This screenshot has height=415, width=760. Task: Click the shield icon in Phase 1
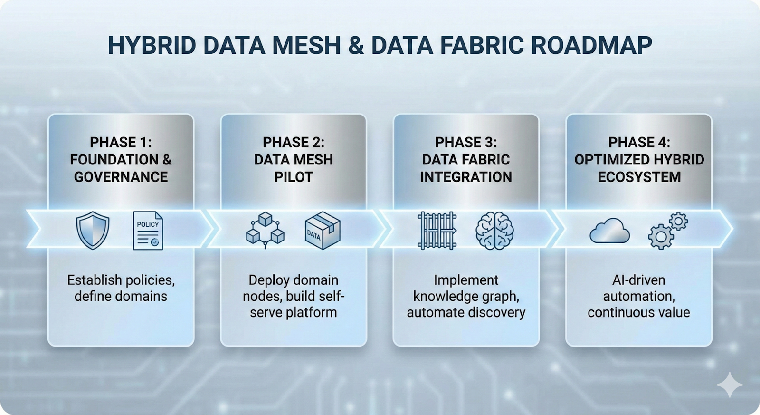pyautogui.click(x=93, y=231)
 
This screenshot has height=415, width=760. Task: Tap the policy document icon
pyautogui.click(x=148, y=231)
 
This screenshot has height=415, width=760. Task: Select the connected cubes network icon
pyautogui.click(x=265, y=231)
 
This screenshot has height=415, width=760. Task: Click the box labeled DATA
pyautogui.click(x=322, y=231)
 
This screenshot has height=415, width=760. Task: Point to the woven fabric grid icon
pyautogui.click(x=437, y=231)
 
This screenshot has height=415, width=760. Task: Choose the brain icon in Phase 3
pyautogui.click(x=494, y=231)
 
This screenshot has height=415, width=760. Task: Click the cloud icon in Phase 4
pyautogui.click(x=609, y=232)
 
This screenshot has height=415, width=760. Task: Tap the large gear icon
pyautogui.click(x=661, y=237)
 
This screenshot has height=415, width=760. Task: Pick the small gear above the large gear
pyautogui.click(x=679, y=221)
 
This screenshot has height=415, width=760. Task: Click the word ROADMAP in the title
pyautogui.click(x=591, y=46)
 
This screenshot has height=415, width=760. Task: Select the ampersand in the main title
pyautogui.click(x=356, y=46)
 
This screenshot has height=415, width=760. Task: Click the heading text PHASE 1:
pyautogui.click(x=121, y=142)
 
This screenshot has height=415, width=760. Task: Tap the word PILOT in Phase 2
pyautogui.click(x=294, y=177)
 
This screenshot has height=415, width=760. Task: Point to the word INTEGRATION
pyautogui.click(x=466, y=177)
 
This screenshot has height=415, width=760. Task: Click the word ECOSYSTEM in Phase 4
pyautogui.click(x=639, y=177)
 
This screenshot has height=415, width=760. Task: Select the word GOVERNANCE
pyautogui.click(x=121, y=177)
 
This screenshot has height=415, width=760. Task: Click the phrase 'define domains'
pyautogui.click(x=121, y=296)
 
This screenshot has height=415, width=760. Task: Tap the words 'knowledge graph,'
pyautogui.click(x=466, y=296)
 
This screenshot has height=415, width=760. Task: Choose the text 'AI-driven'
pyautogui.click(x=639, y=280)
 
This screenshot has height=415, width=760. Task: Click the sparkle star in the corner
pyautogui.click(x=729, y=384)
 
